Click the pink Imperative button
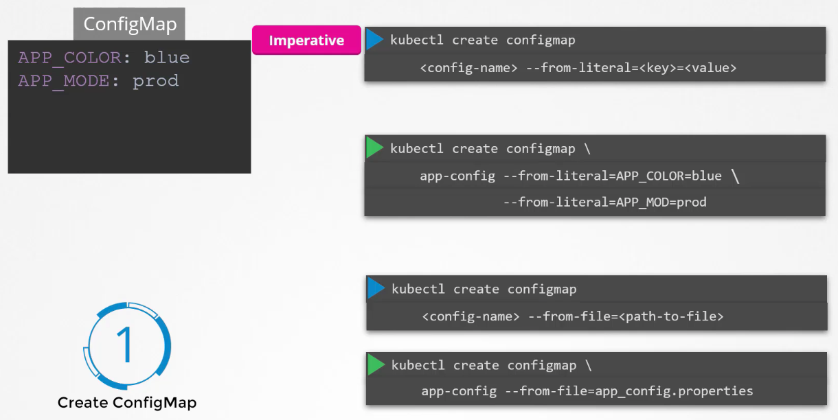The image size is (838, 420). tap(306, 40)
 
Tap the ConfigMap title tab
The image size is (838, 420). tap(130, 25)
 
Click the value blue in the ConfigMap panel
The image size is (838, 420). tap(167, 58)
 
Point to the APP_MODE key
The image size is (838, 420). tap(64, 81)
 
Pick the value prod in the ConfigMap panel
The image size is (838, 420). tap(156, 81)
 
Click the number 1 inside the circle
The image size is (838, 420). tap(126, 345)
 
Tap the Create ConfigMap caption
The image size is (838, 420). tap(127, 403)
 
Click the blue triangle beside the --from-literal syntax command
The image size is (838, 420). tap(374, 40)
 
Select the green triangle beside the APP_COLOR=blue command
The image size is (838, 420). tap(374, 148)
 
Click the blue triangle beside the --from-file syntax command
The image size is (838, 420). tap(376, 288)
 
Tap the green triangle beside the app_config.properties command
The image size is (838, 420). tap(376, 364)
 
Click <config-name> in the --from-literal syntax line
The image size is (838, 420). tap(458, 68)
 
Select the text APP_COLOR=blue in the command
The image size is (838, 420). tap(669, 176)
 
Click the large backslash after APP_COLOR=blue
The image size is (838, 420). tap(736, 176)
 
